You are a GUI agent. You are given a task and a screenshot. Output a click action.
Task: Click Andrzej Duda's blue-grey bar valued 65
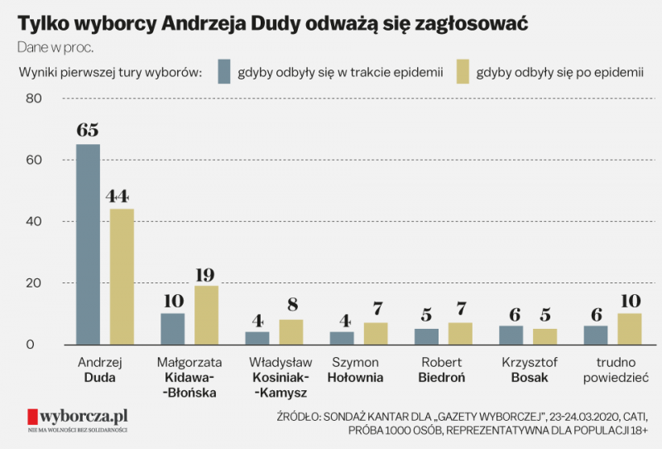88,244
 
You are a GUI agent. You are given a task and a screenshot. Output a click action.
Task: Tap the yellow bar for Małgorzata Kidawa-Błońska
206,315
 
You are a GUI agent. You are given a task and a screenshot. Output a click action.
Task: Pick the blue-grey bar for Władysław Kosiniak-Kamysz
257,338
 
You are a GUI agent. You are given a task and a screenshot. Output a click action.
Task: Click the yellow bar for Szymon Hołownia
377,334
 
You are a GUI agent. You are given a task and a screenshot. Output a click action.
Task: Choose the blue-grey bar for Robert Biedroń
427,336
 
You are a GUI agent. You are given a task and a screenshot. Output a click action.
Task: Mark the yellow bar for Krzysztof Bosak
545,336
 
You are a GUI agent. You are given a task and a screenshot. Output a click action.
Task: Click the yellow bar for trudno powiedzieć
631,329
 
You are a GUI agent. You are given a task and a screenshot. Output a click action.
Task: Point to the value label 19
206,274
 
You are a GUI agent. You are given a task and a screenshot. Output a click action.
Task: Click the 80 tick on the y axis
33,99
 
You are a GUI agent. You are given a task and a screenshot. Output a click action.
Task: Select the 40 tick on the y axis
33,222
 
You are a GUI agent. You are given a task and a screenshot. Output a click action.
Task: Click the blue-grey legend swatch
223,72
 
